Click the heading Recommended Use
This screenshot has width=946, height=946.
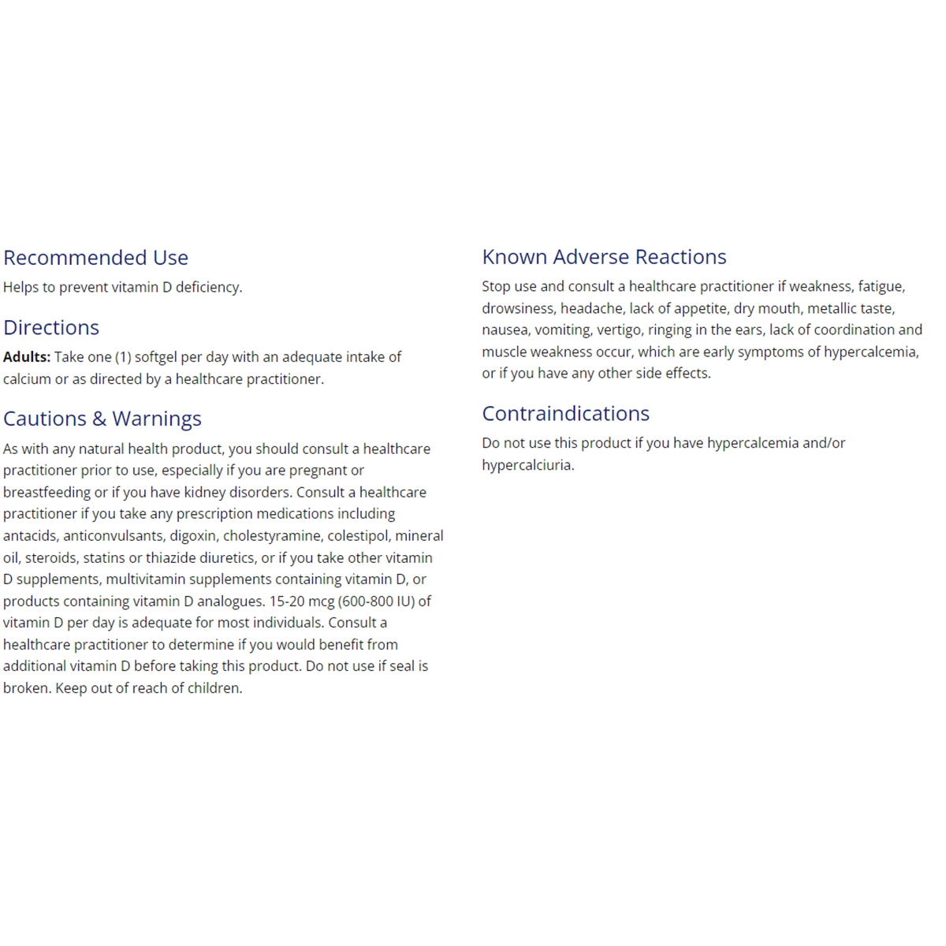(95, 258)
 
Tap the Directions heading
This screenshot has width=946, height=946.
(51, 328)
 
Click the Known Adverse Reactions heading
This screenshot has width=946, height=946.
(604, 257)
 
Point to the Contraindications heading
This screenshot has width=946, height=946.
(565, 414)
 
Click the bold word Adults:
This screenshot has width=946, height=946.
(27, 357)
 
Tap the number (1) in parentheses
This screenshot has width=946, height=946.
(123, 357)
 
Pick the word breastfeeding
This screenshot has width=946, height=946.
(47, 493)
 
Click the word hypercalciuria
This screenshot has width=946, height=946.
(527, 465)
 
